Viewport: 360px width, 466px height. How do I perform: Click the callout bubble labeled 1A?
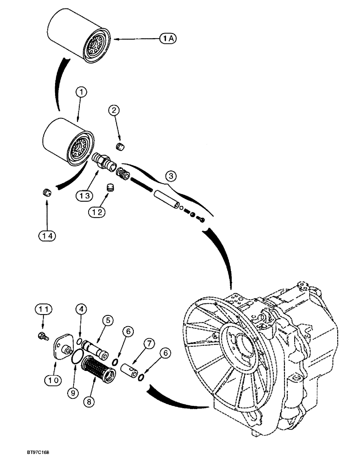coord(169,40)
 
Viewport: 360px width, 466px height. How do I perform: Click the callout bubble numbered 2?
coord(115,110)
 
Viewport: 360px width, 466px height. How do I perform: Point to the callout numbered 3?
coord(171,176)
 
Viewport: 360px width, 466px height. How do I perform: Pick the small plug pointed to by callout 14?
coord(46,192)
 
